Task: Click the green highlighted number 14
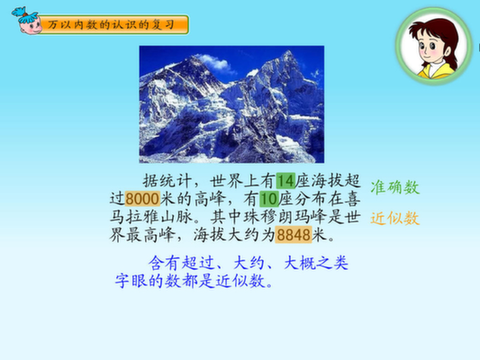(x=285, y=181)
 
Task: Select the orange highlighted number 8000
(x=142, y=199)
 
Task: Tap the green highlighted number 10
(x=269, y=199)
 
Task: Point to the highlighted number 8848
(x=294, y=235)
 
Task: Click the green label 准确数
(x=395, y=187)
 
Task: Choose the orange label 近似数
(x=395, y=219)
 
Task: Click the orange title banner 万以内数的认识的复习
(x=114, y=24)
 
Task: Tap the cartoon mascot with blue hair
(x=27, y=21)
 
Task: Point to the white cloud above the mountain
(x=216, y=62)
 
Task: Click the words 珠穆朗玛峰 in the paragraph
(x=285, y=217)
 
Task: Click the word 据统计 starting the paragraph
(x=168, y=181)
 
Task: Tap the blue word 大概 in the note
(x=300, y=263)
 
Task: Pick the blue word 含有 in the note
(x=164, y=263)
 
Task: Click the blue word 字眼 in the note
(x=131, y=281)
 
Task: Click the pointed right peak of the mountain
(x=288, y=52)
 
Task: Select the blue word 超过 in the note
(x=197, y=263)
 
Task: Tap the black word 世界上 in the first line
(x=235, y=181)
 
